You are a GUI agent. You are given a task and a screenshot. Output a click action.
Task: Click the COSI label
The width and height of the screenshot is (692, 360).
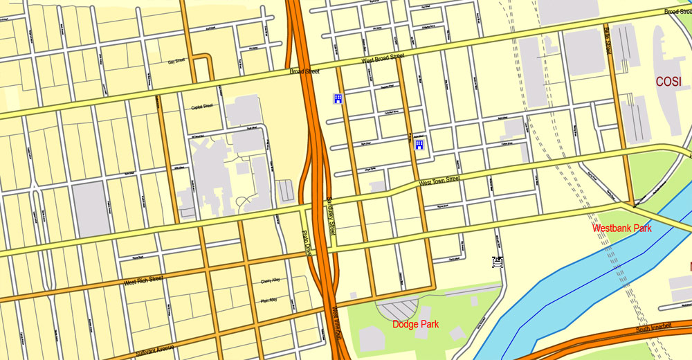(x=668, y=81)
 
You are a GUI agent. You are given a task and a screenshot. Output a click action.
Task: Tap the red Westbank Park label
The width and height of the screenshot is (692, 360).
(x=621, y=228)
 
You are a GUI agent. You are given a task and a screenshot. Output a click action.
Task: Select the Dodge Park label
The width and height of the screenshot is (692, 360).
(x=415, y=324)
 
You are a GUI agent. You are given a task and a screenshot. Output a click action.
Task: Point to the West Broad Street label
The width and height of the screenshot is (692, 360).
(x=383, y=60)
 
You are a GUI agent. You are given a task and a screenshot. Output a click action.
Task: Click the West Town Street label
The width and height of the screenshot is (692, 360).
(x=439, y=181)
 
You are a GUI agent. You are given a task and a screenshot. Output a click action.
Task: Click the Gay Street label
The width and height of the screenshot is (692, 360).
(x=176, y=61)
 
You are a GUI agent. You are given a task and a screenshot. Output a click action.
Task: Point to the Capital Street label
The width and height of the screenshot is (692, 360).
(x=202, y=107)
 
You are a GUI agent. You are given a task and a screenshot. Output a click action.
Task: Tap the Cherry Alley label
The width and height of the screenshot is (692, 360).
(x=269, y=281)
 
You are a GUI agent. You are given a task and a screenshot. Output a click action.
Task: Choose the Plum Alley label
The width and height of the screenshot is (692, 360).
(x=268, y=300)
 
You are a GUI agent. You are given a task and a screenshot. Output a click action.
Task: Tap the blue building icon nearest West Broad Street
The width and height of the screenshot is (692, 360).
(x=338, y=99)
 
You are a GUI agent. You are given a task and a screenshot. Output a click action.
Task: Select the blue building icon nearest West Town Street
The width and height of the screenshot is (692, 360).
(x=419, y=145)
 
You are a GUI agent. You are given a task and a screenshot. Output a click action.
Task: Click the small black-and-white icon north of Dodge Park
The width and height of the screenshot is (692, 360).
(x=496, y=262)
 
